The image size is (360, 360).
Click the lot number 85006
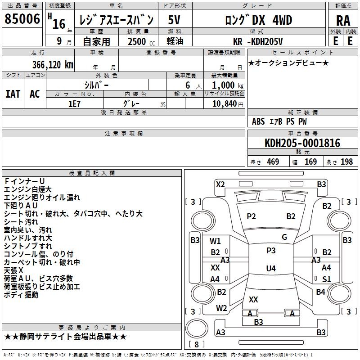[22, 19]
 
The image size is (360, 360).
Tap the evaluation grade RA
[343, 21]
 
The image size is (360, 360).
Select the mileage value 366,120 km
[53, 65]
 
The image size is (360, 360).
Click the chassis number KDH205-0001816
[302, 143]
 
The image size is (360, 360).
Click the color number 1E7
[74, 104]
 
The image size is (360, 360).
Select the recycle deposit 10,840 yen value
[228, 104]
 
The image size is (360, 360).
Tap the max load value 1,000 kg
[228, 85]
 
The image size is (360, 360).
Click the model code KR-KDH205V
[257, 41]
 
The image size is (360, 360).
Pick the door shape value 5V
[174, 20]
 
